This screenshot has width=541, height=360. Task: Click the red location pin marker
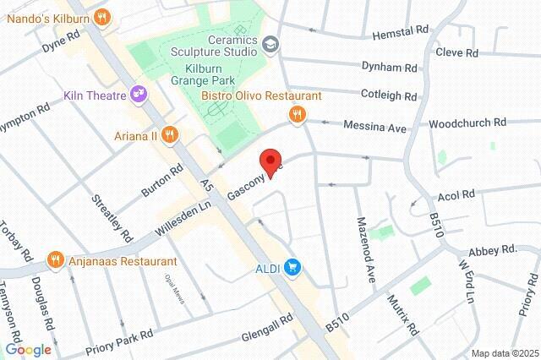270,161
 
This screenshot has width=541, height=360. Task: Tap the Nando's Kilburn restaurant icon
102,15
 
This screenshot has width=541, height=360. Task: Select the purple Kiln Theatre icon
135,95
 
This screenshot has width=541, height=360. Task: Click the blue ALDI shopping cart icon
293,268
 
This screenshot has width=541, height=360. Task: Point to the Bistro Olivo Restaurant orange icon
297,115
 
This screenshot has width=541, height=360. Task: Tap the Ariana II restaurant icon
170,134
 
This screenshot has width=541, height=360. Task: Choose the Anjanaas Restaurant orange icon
56,260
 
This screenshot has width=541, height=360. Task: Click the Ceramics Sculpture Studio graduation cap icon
270,43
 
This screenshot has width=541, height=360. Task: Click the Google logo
28,349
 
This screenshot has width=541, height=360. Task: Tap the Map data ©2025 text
504,353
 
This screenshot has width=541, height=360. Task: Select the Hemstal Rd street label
401,32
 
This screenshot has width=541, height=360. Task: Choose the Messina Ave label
374,126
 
